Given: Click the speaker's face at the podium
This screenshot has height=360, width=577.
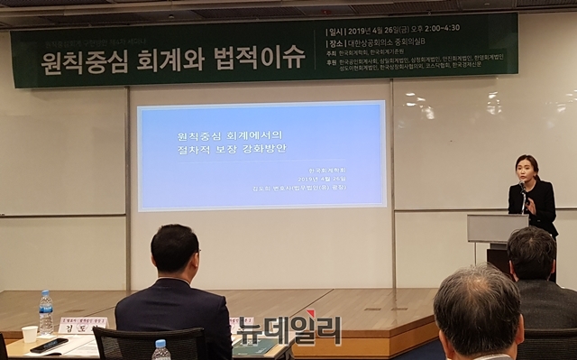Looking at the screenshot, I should click(x=527, y=168).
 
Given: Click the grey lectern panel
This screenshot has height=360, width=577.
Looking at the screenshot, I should click(x=497, y=227).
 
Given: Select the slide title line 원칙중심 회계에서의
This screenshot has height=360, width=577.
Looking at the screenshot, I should click(x=223, y=134).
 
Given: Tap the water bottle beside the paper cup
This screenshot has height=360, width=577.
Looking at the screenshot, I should click(x=45, y=313).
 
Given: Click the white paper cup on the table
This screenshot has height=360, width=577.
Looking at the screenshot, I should click(x=30, y=334).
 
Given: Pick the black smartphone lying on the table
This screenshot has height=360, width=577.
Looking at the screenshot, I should click(x=49, y=345).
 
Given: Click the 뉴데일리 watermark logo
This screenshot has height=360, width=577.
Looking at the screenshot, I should click(x=289, y=329).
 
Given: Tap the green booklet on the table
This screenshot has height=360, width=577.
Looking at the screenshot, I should click(x=254, y=346).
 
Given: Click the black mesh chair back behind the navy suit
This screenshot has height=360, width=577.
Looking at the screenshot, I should click(x=149, y=344).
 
